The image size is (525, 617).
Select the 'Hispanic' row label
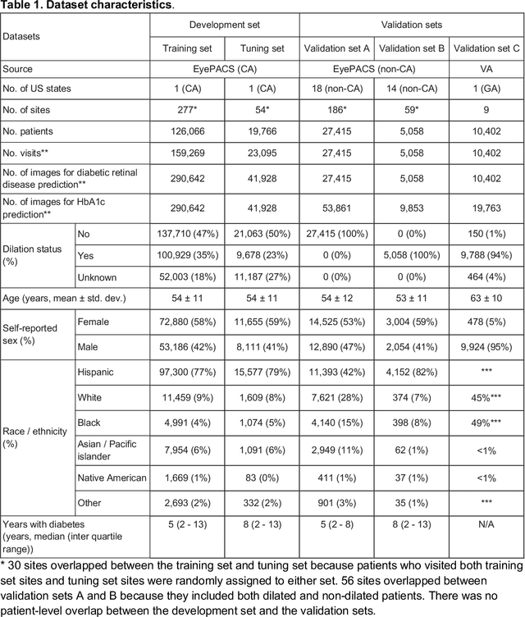[96, 371]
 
